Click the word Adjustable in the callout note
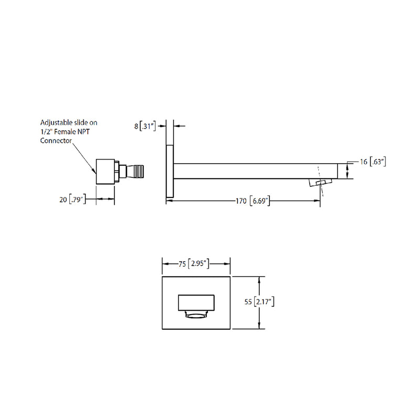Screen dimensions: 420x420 [x=58, y=122]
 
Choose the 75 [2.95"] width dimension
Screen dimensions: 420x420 [x=195, y=264]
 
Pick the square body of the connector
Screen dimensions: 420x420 [x=105, y=171]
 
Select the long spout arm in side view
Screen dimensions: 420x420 [x=252, y=171]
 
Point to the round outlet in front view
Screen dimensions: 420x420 [x=196, y=316]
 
